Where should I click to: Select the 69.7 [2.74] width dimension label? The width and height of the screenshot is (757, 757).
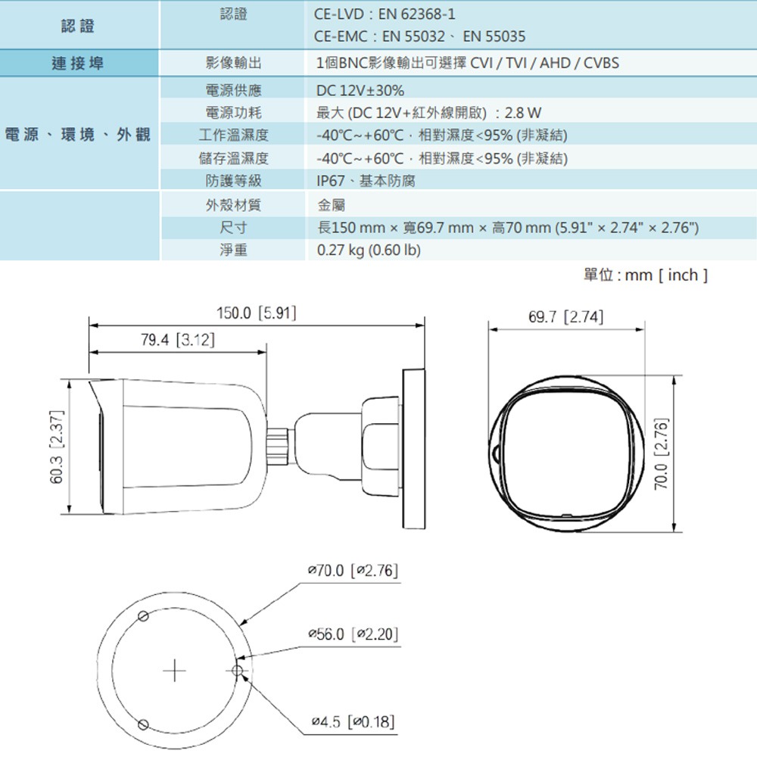pos(566,317)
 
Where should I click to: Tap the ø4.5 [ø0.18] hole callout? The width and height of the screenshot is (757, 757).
pos(353,721)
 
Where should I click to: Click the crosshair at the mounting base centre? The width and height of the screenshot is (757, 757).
pos(174,671)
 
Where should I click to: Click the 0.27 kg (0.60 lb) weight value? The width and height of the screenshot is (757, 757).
pos(368,250)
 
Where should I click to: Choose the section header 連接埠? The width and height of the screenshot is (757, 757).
pos(78,63)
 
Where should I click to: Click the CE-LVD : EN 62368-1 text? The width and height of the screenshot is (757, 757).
pos(385,14)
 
